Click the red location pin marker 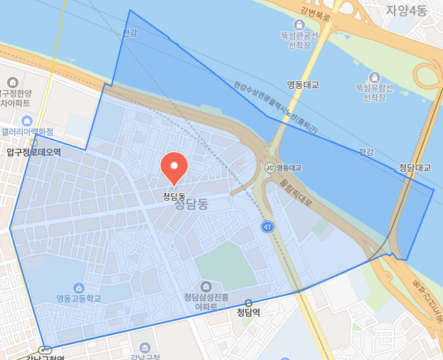tap(174, 167)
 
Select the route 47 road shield tap(267, 227)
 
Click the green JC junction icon tap(269, 167)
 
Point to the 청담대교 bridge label tap(414, 168)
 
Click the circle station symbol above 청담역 tap(248, 302)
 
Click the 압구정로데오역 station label tap(33, 152)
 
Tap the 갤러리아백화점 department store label tap(27, 132)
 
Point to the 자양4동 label tap(407, 11)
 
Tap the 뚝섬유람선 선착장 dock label tap(374, 92)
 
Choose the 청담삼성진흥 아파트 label tap(206, 302)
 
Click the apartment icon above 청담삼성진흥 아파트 tap(206, 286)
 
